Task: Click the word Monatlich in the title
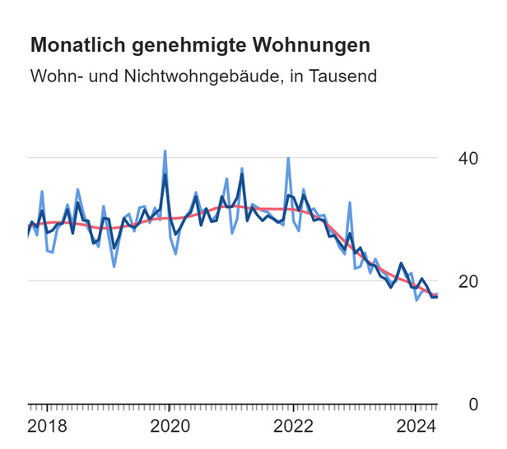(72, 44)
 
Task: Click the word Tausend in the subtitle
(345, 76)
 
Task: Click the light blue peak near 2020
(165, 151)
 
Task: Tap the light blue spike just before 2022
(288, 158)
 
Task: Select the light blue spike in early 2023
(350, 202)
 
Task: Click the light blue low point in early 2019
(114, 266)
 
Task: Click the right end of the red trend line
(437, 294)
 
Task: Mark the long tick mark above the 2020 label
(169, 409)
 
